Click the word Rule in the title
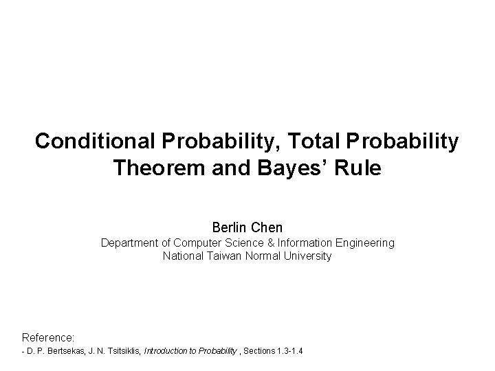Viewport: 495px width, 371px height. (x=357, y=168)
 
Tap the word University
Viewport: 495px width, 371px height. (x=306, y=256)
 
